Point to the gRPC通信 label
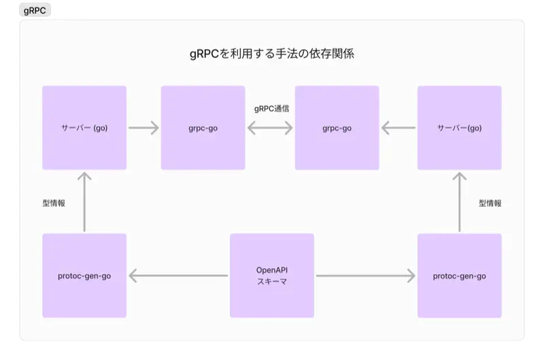270,109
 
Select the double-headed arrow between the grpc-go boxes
270,127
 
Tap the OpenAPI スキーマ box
271,276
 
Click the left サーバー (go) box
84,127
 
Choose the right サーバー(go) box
459,127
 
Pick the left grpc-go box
203,127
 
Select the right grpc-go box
337,127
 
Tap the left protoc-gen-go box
84,276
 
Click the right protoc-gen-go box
459,276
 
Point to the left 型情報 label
54,203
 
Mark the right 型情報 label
490,203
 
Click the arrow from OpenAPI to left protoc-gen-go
178,276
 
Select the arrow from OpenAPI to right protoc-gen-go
366,276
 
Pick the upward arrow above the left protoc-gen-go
84,202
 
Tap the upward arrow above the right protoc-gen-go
459,202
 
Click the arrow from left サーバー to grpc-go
143,127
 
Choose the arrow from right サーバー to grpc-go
398,127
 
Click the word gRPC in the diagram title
205,54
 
